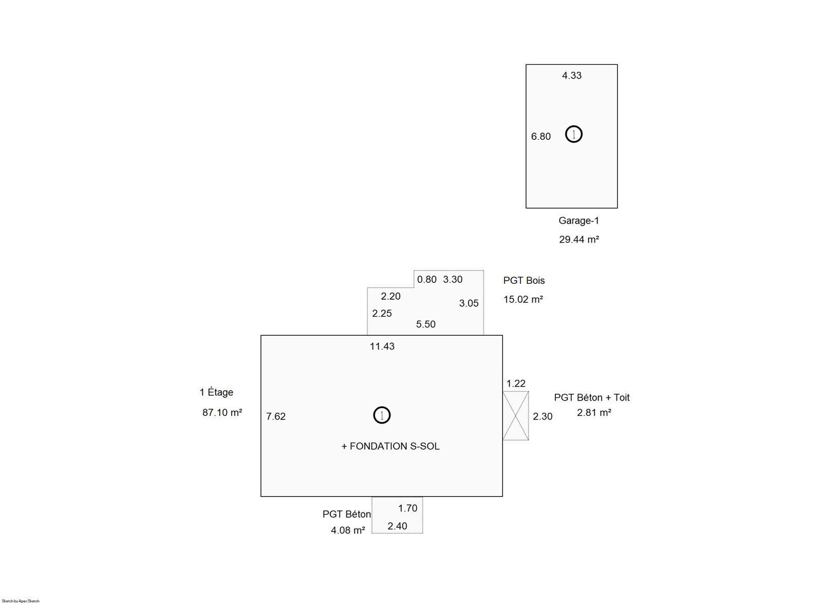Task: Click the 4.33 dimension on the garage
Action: (x=572, y=75)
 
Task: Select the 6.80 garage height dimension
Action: (x=541, y=136)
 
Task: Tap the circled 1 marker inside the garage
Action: (x=573, y=134)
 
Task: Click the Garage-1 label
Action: (x=578, y=221)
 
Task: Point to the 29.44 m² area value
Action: (x=579, y=240)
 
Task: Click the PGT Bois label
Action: (x=524, y=281)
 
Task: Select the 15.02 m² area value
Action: (x=524, y=299)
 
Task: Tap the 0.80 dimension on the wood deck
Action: (x=427, y=280)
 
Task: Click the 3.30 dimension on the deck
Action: (x=453, y=280)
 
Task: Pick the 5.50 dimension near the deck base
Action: (x=426, y=324)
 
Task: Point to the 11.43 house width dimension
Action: (x=382, y=346)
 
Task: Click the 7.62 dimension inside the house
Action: (x=276, y=416)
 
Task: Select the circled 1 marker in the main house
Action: (x=382, y=415)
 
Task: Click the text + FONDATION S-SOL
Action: (x=390, y=446)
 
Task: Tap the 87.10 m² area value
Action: (x=222, y=412)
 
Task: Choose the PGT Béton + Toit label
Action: (x=591, y=397)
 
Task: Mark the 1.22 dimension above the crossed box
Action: (x=516, y=383)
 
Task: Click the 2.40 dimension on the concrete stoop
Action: (x=398, y=526)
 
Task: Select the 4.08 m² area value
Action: (x=348, y=531)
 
